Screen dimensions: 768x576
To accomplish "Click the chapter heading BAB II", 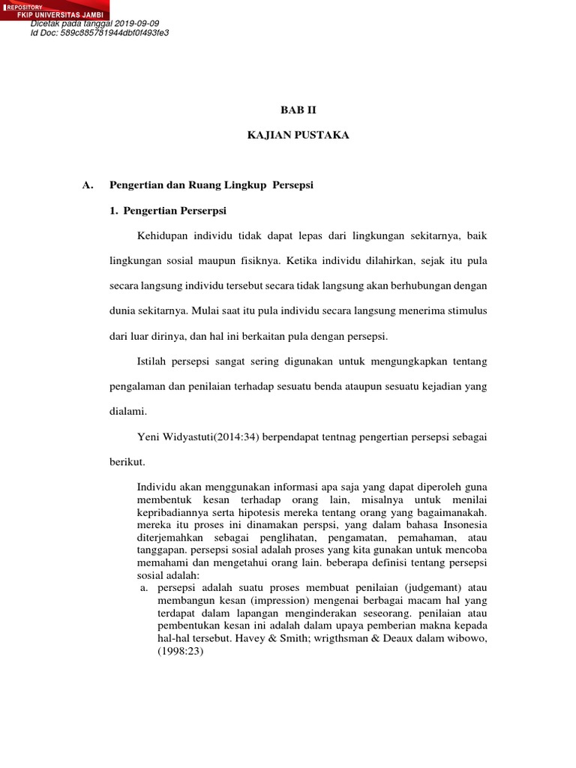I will tap(298, 109).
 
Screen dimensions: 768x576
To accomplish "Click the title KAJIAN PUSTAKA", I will tap(298, 135).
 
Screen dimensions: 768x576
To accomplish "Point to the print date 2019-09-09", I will tap(142, 24).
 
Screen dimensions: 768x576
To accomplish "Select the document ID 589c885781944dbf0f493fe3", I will tap(115, 33).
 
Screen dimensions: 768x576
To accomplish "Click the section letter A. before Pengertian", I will tap(86, 185).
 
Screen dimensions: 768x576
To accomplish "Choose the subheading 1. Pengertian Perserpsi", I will tap(169, 211).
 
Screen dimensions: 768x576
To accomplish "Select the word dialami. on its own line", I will tap(129, 411).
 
